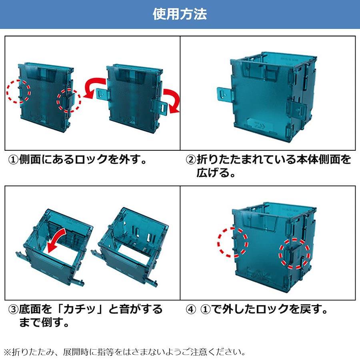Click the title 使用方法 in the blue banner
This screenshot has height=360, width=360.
coord(180,14)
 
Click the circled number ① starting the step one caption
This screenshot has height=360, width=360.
coord(14,160)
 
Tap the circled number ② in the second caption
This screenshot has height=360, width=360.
coord(191,160)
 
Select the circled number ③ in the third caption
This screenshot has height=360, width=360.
coord(14,309)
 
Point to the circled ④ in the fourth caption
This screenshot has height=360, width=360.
coord(191,309)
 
